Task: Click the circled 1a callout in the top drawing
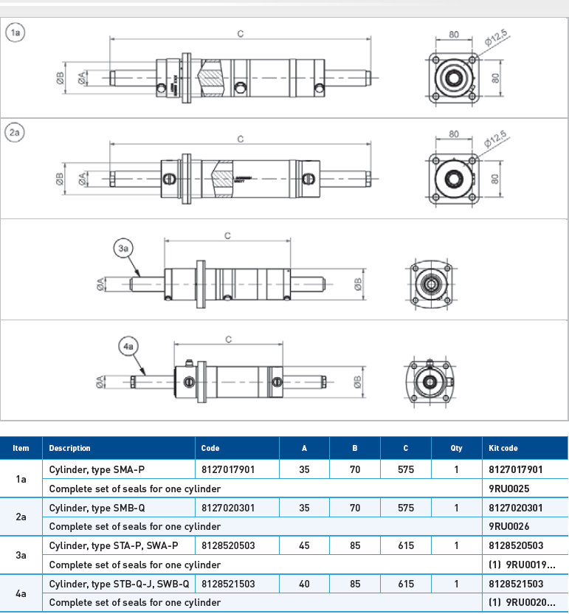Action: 15,32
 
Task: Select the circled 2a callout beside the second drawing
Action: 15,133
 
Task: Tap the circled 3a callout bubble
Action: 123,248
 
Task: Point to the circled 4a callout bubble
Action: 128,347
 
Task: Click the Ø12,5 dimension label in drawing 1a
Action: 496,38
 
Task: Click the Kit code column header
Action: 503,448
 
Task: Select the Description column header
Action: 69,448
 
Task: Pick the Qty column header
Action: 456,448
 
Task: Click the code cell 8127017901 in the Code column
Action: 228,469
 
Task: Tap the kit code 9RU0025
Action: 509,489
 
